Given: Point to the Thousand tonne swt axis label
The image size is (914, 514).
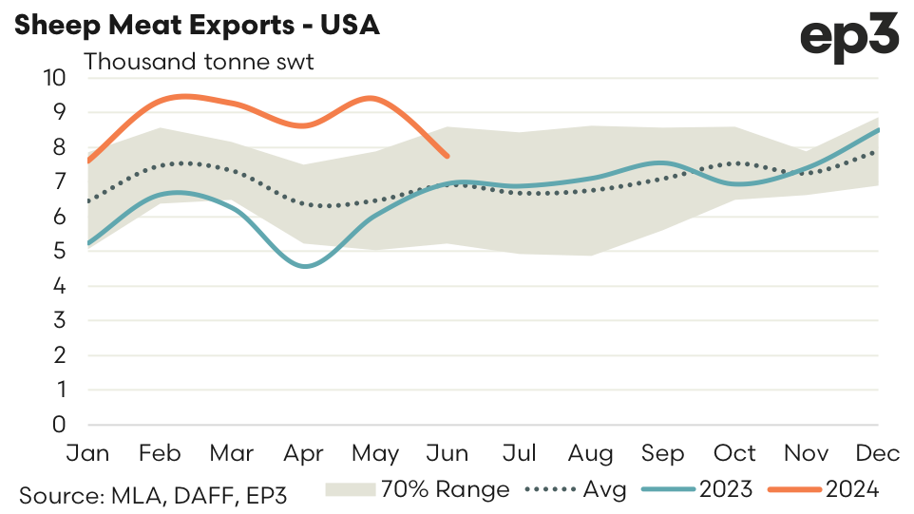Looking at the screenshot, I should (199, 63).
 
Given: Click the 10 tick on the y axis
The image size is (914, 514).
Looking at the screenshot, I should (55, 77).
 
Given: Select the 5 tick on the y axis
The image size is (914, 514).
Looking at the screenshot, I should (60, 251).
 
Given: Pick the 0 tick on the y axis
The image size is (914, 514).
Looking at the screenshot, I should (60, 425).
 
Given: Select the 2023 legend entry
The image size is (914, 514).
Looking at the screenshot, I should (697, 489).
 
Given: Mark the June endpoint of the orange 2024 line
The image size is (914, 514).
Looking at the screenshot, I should (447, 156).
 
